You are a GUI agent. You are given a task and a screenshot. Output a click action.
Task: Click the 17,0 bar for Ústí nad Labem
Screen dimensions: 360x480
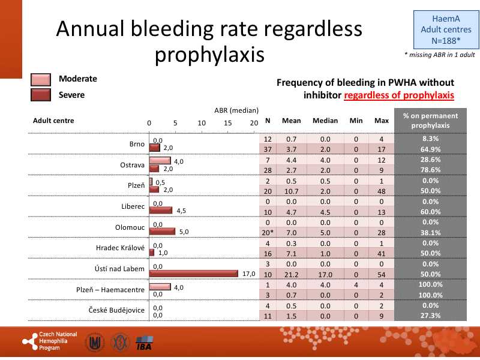click(194, 274)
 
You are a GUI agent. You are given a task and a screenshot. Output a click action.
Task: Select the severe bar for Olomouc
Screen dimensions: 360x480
click(162, 232)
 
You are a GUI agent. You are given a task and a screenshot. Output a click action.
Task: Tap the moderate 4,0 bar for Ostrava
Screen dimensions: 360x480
click(160, 161)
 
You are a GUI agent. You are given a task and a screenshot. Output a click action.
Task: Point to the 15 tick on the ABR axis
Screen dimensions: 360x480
click(228, 122)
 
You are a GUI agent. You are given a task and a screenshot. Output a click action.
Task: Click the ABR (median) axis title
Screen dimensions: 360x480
click(236, 110)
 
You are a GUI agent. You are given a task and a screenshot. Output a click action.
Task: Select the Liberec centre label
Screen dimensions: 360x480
click(133, 206)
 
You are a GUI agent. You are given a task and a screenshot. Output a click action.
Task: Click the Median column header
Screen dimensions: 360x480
click(325, 121)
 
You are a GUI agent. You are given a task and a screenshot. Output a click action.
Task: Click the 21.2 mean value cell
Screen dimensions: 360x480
click(291, 274)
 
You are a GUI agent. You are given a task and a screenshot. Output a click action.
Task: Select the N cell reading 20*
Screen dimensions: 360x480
click(268, 232)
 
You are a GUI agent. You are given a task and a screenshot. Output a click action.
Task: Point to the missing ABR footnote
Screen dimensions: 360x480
click(440, 55)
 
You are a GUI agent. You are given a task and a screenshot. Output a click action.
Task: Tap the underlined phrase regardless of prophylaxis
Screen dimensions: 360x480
click(399, 95)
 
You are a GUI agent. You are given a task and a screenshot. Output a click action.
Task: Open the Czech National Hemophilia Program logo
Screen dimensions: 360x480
click(50, 341)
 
